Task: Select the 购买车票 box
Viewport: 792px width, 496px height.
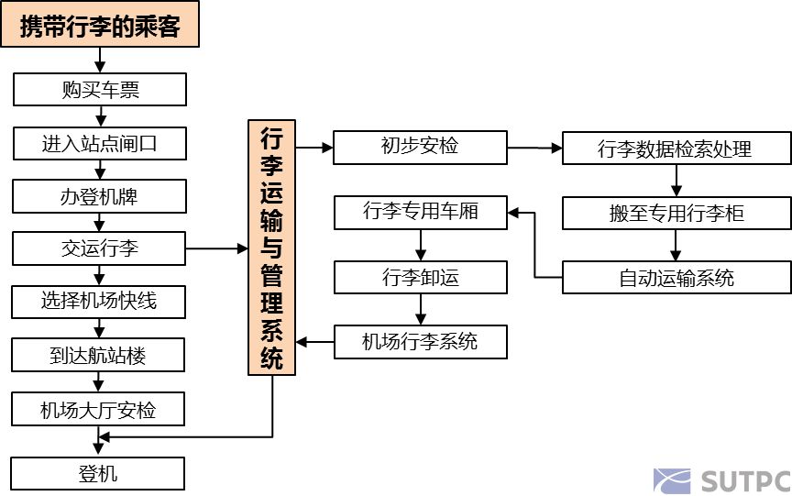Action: click(99, 90)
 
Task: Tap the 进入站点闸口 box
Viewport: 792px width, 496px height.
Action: click(99, 143)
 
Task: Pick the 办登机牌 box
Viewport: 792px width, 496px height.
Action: click(99, 195)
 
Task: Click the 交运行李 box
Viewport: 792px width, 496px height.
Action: click(99, 248)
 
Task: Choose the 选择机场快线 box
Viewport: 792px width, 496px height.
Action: click(99, 301)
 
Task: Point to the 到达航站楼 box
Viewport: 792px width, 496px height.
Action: click(99, 354)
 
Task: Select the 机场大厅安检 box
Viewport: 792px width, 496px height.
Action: click(99, 410)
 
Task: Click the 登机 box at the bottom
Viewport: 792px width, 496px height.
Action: click(99, 474)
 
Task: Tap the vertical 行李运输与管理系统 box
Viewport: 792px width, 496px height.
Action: click(272, 248)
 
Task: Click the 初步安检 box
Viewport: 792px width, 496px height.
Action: click(420, 147)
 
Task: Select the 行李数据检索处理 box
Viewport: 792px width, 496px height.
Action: click(676, 149)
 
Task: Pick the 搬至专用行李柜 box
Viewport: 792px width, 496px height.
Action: click(676, 213)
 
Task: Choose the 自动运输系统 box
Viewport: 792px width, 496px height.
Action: click(676, 278)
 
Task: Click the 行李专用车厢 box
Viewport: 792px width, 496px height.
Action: click(420, 213)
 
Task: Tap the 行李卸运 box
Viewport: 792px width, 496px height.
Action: click(420, 278)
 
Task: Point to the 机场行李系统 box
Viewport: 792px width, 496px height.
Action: click(420, 342)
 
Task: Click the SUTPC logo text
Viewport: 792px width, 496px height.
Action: click(744, 481)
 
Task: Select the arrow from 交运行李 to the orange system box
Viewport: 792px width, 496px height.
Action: click(217, 248)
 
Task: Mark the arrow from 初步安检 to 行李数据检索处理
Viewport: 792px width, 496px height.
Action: click(534, 148)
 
